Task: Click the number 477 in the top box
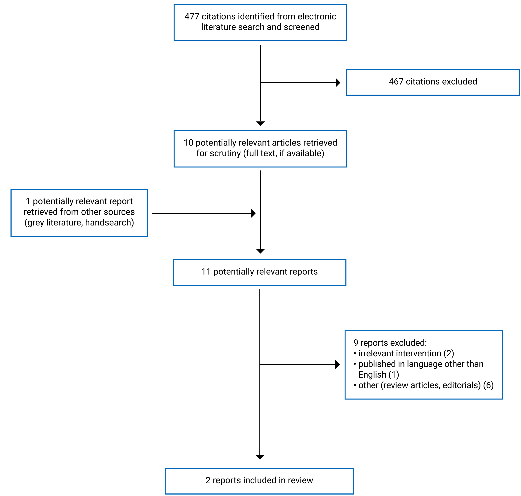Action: point(192,17)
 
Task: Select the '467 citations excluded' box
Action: point(433,82)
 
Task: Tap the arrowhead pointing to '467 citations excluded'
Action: point(338,83)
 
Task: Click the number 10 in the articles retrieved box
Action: point(188,143)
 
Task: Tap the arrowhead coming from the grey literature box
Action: point(253,213)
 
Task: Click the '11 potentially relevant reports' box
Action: point(259,272)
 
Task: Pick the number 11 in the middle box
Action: point(206,272)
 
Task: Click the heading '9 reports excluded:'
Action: point(390,343)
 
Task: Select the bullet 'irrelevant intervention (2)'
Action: point(406,354)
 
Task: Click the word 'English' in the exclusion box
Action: point(372,375)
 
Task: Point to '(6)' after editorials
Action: point(488,385)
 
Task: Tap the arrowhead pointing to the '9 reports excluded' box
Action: point(337,364)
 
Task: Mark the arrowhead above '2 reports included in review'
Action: point(260,457)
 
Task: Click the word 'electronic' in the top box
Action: point(317,17)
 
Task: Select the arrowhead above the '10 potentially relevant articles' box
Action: point(260,124)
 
